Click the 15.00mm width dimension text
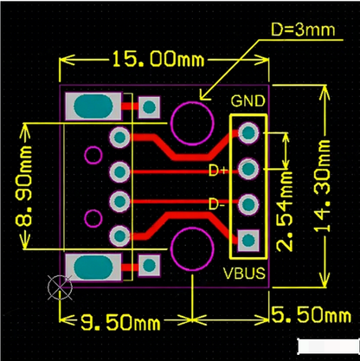click(155, 60)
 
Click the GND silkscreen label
click(247, 101)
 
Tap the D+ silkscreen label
click(218, 171)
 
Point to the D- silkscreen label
click(218, 205)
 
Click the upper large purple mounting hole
click(190, 120)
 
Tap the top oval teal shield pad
click(93, 107)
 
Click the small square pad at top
click(150, 106)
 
